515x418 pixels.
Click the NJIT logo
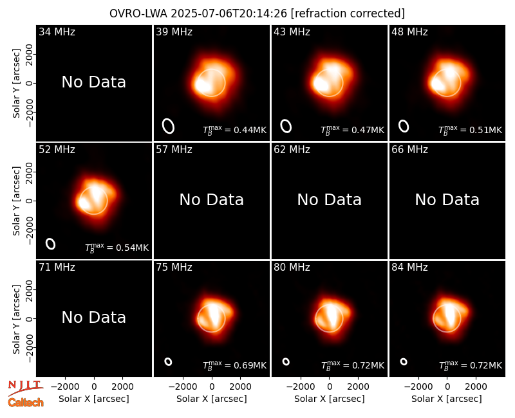point(26,388)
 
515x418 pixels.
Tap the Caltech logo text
point(26,403)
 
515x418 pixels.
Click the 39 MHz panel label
point(174,32)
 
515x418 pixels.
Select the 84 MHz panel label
point(409,268)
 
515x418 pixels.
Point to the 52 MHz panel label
point(57,150)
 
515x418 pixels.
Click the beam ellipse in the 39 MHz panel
point(168,126)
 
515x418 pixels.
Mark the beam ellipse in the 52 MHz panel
point(51,244)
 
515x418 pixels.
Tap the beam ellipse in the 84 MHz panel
point(404,361)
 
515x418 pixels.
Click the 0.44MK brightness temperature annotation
point(234,130)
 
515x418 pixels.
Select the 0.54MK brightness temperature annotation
point(117,247)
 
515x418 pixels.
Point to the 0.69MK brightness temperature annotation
point(234,365)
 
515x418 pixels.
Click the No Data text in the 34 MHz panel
point(94,82)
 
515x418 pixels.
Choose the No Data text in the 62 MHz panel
point(330,200)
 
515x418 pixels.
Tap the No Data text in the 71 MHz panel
point(94,318)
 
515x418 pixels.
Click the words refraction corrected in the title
point(348,14)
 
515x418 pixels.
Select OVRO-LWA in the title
point(138,14)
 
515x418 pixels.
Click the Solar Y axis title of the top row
point(16,84)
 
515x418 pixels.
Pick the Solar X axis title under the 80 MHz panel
point(330,399)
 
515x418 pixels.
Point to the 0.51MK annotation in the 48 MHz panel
point(471,130)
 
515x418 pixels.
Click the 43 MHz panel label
point(292,32)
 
